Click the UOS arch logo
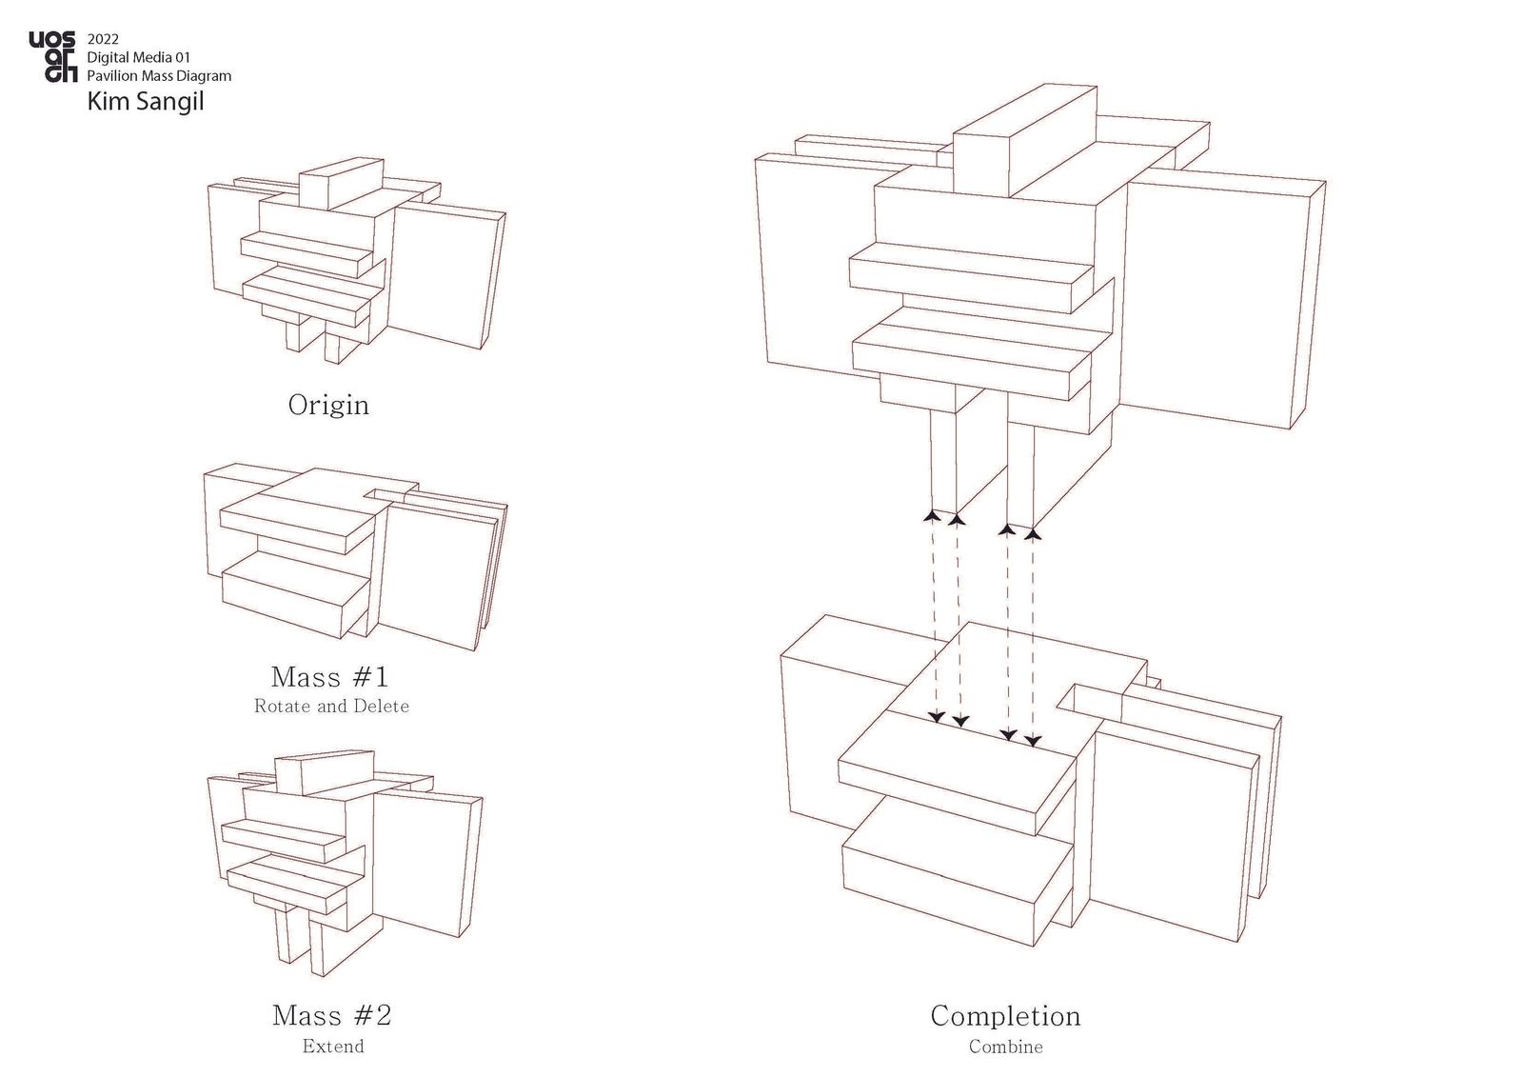coord(52,57)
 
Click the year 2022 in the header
coord(103,40)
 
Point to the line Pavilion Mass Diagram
coord(159,75)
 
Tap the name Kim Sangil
coord(146,100)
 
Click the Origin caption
coord(328,405)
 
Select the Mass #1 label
coord(330,677)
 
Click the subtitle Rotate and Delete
coord(331,707)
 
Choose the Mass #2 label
coord(331,1015)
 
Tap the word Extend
coord(333,1047)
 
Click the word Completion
coord(1005,1016)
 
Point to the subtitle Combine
coord(1005,1047)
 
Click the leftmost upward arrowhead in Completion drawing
coord(932,515)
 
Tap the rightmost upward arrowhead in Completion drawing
coord(1034,533)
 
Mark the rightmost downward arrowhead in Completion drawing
coord(1033,740)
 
